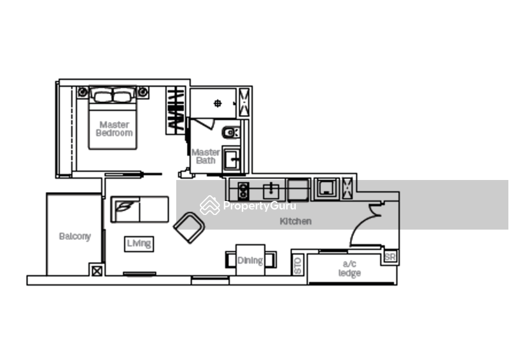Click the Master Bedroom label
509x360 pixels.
[115, 129]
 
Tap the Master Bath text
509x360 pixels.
[206, 156]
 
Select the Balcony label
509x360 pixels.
[75, 236]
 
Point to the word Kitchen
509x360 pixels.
[296, 222]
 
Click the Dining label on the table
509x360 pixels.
[250, 260]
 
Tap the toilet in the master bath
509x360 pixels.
[230, 132]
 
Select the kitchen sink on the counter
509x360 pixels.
[272, 188]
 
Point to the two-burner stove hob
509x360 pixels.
[242, 188]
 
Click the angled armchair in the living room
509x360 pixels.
[189, 227]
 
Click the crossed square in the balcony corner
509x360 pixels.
[97, 270]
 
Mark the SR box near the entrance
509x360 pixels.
[390, 257]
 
